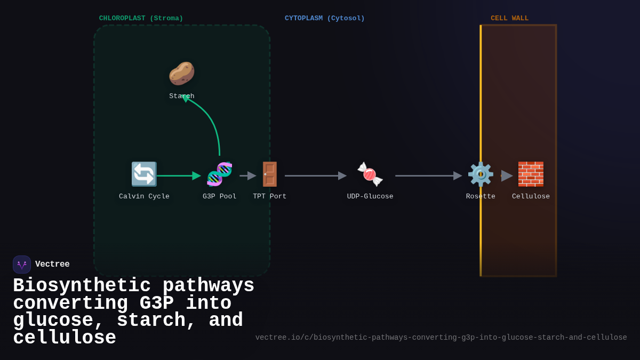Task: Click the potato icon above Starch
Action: click(181, 74)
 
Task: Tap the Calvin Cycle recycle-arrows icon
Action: click(144, 174)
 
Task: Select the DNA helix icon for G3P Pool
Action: click(219, 174)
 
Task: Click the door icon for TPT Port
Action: click(270, 174)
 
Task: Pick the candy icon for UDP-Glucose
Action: click(370, 174)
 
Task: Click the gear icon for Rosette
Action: click(480, 174)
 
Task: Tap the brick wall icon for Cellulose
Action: click(531, 174)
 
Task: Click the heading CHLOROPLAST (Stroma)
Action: click(141, 19)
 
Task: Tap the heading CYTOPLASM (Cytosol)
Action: click(324, 19)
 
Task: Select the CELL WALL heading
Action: click(509, 19)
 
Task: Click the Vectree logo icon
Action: click(22, 265)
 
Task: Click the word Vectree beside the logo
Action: click(52, 265)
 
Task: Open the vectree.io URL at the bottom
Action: click(441, 338)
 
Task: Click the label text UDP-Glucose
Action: click(370, 197)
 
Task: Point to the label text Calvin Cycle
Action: click(144, 197)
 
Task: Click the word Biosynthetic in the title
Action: click(82, 286)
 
